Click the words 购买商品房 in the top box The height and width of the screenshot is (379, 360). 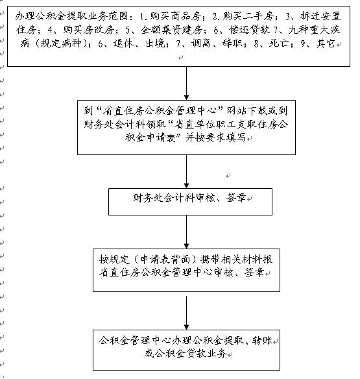pos(176,16)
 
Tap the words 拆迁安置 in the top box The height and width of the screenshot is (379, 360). pos(320,16)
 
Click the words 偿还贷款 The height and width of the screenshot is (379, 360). pos(249,30)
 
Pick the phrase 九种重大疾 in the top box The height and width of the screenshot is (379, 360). pos(314,30)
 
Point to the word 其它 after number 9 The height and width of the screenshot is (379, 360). pos(326,43)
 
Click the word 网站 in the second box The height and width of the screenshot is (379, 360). pos(236,111)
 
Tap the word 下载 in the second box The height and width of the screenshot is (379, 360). pos(257,111)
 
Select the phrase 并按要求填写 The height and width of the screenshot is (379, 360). pos(215,138)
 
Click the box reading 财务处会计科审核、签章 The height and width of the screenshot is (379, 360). pos(191,202)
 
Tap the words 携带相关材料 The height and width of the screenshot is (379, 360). pos(232,260)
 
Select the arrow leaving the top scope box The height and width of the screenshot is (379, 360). pos(187,83)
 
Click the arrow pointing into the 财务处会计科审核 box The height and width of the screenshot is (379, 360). pos(187,171)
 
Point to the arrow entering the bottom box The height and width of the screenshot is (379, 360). pos(187,313)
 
